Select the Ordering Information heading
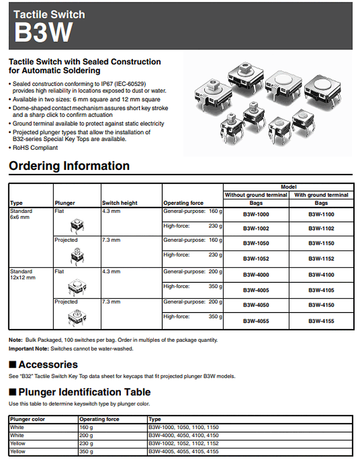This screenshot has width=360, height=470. point(69,166)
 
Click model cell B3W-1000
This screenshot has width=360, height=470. point(255,215)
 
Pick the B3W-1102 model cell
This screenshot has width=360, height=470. point(321,229)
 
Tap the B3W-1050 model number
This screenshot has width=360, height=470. point(255,243)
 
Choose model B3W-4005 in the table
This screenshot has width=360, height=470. point(255,290)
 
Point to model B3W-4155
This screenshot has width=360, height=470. point(321,321)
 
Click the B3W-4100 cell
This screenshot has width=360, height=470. point(321,275)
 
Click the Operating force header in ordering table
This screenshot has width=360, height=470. point(183,203)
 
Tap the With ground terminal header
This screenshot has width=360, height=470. point(321,195)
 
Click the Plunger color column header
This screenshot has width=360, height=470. point(27,419)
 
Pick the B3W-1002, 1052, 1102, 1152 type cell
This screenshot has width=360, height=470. point(184,444)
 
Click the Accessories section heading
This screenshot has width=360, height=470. point(48,364)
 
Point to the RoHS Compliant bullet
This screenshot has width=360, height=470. point(35,148)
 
